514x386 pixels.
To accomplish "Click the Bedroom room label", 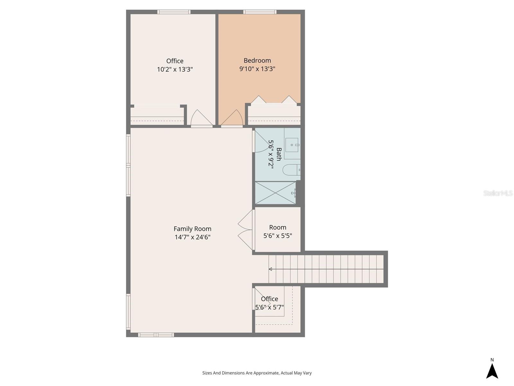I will tap(257, 60).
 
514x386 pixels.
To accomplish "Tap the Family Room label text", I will tap(192, 229).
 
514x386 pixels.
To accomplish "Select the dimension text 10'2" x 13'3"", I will tap(175, 69).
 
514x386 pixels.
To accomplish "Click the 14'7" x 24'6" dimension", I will tap(192, 237).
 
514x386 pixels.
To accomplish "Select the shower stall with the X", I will tap(275, 193).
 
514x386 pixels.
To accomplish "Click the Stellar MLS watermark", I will tap(498, 193).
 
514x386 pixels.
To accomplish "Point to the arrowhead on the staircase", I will tap(270, 269).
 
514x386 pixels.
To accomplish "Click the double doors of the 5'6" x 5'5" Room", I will tap(246, 230).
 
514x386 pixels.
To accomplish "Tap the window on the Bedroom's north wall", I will tap(260, 12).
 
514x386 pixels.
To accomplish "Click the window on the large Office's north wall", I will tap(174, 12).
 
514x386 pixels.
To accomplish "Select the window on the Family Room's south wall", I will tap(156, 335).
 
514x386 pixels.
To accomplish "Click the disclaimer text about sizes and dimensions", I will tap(257, 373).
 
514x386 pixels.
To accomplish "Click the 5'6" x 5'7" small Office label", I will tap(269, 303).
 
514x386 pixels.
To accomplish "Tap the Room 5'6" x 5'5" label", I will tap(278, 231).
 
